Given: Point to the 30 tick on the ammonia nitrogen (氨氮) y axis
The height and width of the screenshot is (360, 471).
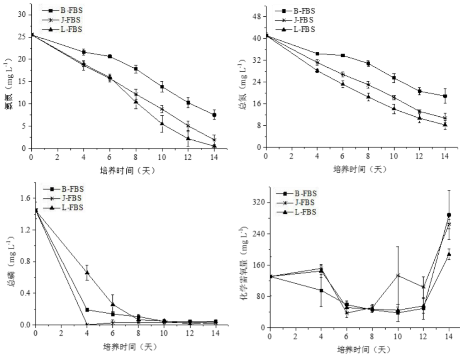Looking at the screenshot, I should pos(22,15).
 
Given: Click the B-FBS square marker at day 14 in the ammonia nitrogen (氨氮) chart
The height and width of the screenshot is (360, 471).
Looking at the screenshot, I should pos(214,115).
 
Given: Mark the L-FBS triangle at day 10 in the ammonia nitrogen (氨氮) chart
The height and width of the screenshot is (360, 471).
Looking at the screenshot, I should pos(162,123).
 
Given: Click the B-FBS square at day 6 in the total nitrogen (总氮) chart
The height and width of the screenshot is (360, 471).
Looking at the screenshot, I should pos(343,55).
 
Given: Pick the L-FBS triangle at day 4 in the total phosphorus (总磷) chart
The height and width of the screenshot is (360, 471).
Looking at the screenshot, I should pos(87,272).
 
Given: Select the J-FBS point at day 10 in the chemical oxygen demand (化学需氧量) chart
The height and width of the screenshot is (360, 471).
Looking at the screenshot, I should pos(398,275).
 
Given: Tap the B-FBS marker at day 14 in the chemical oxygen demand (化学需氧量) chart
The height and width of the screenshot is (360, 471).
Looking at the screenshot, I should pos(449,215).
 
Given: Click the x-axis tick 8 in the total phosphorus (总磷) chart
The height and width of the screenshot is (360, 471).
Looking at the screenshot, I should pos(138,332).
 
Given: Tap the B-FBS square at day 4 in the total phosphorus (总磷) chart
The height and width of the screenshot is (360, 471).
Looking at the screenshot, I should pos(87,310).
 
